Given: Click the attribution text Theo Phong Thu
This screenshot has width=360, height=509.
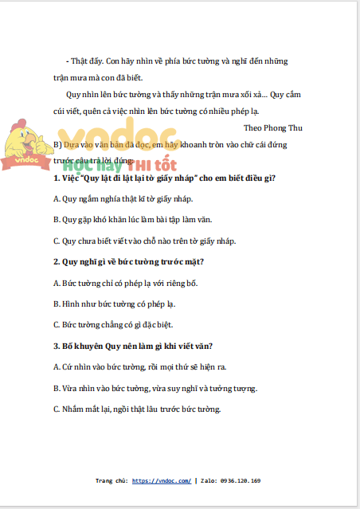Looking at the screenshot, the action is point(272,127).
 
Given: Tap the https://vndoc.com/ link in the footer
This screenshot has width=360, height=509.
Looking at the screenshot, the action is point(162,481).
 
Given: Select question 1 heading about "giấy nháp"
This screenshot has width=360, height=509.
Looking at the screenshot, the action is point(163,178).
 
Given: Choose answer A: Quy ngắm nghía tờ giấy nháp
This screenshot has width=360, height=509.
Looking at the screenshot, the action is point(122,198).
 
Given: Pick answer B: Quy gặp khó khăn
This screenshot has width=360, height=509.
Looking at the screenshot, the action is point(131,219).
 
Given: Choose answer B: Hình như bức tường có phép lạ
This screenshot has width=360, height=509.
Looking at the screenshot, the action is point(113,303).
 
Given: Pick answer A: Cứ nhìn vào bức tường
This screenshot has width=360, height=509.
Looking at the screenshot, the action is point(139,366).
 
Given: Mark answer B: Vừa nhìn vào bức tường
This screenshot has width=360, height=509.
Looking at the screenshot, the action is point(155,388).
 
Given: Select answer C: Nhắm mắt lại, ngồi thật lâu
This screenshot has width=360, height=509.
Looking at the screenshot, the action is point(135,409).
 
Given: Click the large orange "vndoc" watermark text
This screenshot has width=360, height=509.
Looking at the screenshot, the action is point(108,136).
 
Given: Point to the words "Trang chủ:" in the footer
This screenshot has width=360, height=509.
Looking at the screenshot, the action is point(112,481).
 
